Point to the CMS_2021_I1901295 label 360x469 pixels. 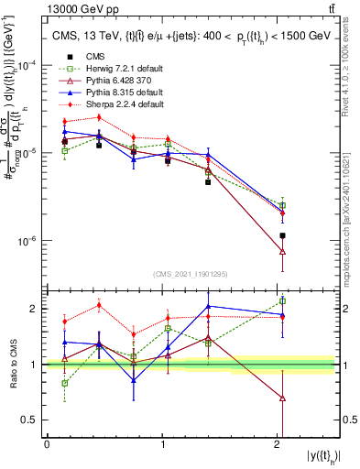(x=191, y=275)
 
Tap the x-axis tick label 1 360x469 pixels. (x=163, y=444)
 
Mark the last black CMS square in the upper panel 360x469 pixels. (x=282, y=235)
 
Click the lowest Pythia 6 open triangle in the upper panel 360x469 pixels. (x=282, y=251)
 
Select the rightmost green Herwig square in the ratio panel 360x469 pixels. (x=282, y=300)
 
